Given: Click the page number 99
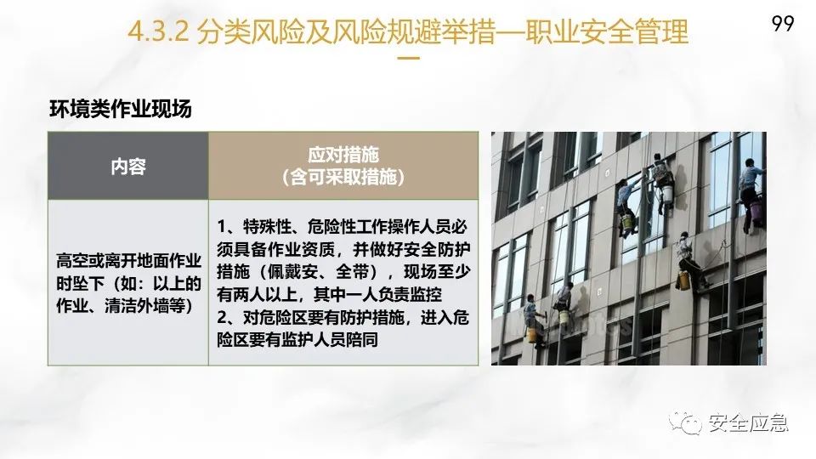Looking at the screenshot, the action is pyautogui.click(x=783, y=24).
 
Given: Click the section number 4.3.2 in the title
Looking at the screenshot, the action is pyautogui.click(x=158, y=31).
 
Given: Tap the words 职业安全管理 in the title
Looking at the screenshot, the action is pyautogui.click(x=607, y=31).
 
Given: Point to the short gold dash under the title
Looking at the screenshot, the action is pyautogui.click(x=409, y=58).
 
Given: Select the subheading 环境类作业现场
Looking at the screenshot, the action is pyautogui.click(x=121, y=109).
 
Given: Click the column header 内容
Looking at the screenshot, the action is pyautogui.click(x=128, y=167).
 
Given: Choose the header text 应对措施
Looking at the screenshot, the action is pyautogui.click(x=343, y=155).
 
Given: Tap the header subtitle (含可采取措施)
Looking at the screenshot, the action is pyautogui.click(x=343, y=177).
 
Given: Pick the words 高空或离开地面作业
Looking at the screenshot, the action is pyautogui.click(x=128, y=261).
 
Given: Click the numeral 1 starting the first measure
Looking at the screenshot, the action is pyautogui.click(x=221, y=227).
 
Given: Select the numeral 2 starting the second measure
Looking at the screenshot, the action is pyautogui.click(x=222, y=317).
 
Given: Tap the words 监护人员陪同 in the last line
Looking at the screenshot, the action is pyautogui.click(x=330, y=340).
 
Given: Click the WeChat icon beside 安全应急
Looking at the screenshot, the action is pyautogui.click(x=685, y=423).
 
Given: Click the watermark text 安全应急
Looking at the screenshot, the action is pyautogui.click(x=748, y=422).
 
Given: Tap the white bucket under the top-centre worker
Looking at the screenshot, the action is pyautogui.click(x=666, y=193).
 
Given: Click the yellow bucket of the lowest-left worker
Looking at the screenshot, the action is pyautogui.click(x=532, y=335).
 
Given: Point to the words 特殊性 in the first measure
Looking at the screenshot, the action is pyautogui.click(x=267, y=227).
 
